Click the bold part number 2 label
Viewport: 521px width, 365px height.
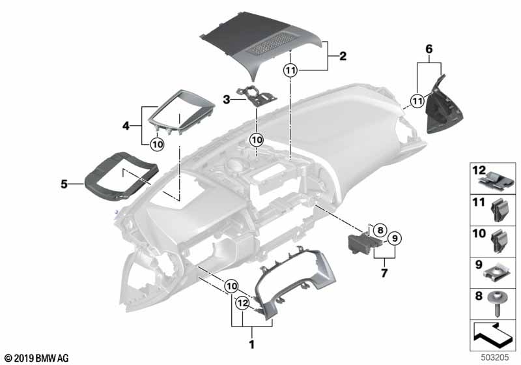pyautogui.click(x=343, y=57)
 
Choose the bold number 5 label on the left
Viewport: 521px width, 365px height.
pyautogui.click(x=64, y=184)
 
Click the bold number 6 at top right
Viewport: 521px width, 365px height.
pyautogui.click(x=429, y=49)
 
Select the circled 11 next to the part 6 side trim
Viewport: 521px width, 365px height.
pyautogui.click(x=417, y=100)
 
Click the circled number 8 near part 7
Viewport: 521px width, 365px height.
pyautogui.click(x=380, y=229)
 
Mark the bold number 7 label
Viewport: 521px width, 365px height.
pyautogui.click(x=384, y=273)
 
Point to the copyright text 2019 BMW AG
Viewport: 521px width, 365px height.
pyautogui.click(x=36, y=358)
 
